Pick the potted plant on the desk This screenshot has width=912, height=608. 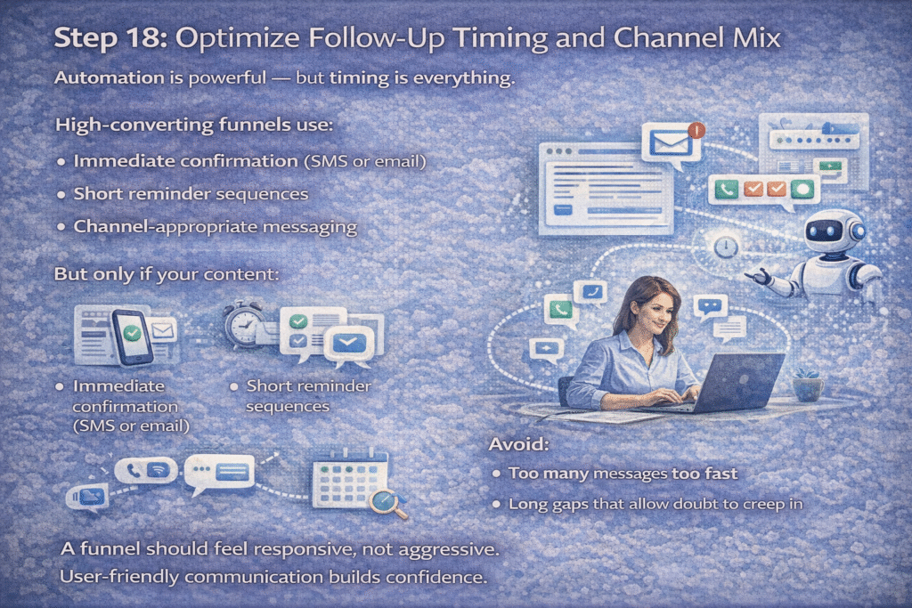pyautogui.click(x=808, y=383)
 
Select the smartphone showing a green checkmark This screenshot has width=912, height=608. pyautogui.click(x=131, y=336)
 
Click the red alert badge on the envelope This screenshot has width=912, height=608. pyautogui.click(x=696, y=130)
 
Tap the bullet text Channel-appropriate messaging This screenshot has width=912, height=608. pyautogui.click(x=215, y=227)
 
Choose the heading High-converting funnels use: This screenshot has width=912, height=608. pyautogui.click(x=193, y=126)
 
